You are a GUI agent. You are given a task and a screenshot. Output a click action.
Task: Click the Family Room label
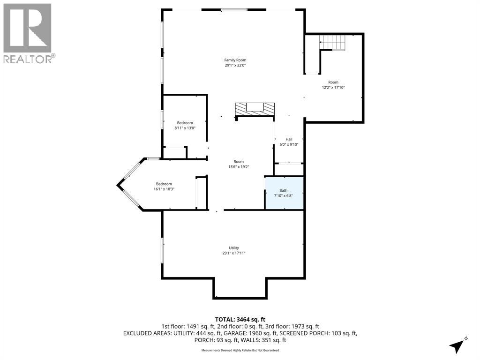(x=235, y=60)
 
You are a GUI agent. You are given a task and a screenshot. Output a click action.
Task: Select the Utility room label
(x=234, y=248)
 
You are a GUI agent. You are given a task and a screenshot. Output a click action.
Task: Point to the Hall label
(x=289, y=139)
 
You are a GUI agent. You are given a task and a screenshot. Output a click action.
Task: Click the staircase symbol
(x=332, y=43)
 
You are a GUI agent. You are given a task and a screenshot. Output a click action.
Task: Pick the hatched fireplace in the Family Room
(x=255, y=109)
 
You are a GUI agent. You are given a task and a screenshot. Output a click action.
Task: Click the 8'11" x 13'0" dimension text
(x=185, y=128)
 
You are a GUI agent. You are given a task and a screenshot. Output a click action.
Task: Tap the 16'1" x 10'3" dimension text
(x=164, y=189)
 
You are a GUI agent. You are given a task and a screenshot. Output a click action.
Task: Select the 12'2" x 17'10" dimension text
(x=333, y=88)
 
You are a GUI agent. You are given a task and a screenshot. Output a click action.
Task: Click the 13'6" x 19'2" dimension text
(x=239, y=167)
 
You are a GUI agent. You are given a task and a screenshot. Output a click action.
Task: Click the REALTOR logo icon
(x=27, y=28)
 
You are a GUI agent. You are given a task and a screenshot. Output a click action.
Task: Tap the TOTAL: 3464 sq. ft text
(x=240, y=320)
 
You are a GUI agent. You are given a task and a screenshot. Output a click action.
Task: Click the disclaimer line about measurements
(x=240, y=350)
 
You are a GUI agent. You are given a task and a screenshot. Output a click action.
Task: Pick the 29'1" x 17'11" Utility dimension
(x=234, y=253)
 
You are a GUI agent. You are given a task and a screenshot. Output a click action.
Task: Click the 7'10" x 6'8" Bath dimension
(x=284, y=195)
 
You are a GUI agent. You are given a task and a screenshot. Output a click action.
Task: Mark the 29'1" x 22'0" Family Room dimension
(x=235, y=66)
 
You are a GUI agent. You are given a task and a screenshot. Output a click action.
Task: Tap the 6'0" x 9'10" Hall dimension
(x=289, y=144)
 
